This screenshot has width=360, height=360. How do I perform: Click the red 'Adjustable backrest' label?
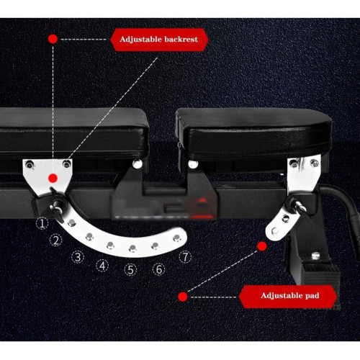[x=159, y=40]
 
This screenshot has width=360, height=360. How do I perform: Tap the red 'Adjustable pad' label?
[x=288, y=296]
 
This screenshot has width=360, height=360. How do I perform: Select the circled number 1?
[x=42, y=223]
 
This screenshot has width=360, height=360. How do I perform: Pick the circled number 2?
[x=56, y=240]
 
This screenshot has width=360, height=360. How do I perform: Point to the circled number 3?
[x=78, y=257]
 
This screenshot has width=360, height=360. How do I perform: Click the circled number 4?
[x=102, y=266]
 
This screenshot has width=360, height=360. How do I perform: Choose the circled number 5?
[x=130, y=270]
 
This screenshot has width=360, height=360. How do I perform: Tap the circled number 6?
[x=159, y=269]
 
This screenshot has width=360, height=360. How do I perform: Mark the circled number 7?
[x=185, y=257]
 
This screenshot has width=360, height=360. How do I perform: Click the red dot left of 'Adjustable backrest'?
[x=53, y=39]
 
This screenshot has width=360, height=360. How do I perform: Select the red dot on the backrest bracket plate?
[x=53, y=178]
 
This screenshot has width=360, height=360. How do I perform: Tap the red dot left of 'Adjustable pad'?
[x=183, y=297]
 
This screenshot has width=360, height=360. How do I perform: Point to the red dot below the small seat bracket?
[x=262, y=246]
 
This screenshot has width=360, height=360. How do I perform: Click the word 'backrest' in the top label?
[x=181, y=39]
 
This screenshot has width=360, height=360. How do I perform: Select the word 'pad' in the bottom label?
[x=312, y=295]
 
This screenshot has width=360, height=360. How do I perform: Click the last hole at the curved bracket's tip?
[x=177, y=238]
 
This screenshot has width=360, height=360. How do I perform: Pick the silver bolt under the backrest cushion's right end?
[x=138, y=163]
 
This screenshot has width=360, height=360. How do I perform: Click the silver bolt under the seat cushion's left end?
[x=193, y=164]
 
